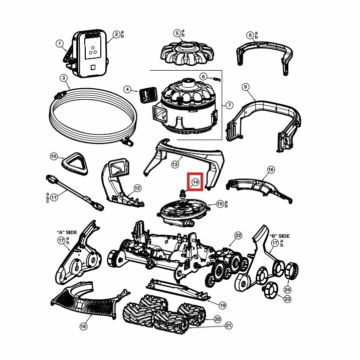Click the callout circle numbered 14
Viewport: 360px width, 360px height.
pos(195,182)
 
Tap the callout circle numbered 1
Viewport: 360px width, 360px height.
pos(60,44)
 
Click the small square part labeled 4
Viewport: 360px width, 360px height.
pos(147,95)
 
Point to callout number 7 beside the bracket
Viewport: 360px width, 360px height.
pos(229,105)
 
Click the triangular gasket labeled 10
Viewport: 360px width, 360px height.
pos(75,163)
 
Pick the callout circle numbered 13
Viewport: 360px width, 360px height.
pos(175,164)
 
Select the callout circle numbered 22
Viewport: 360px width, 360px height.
pos(238,235)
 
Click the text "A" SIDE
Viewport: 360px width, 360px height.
pos(67,232)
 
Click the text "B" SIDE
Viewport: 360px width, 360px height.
pos(279,236)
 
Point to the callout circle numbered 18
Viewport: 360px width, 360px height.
pos(84,326)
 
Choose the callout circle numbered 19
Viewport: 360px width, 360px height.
pos(223,305)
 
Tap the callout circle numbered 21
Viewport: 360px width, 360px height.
pos(229,325)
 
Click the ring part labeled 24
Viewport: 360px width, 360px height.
pos(292,270)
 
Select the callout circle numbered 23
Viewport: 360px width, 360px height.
pos(287,299)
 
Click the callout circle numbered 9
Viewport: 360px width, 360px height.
pos(246,87)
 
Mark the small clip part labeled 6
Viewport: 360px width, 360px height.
pos(217,79)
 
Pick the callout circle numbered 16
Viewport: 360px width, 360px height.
pos(271,169)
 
